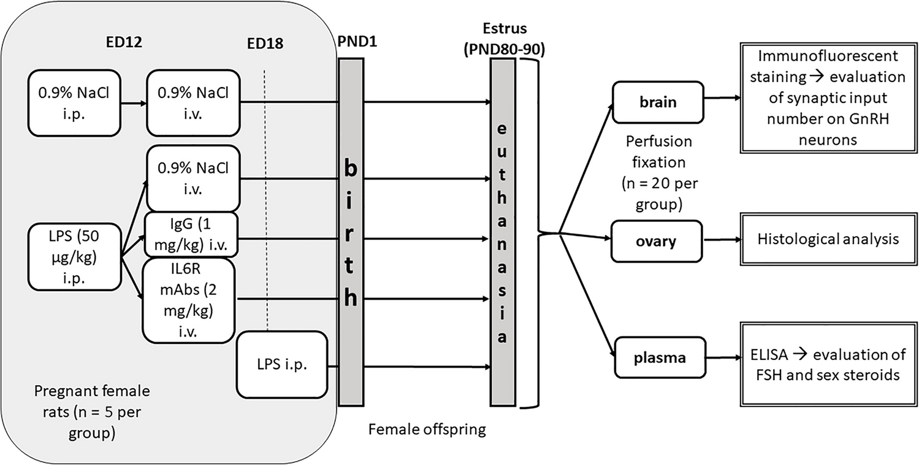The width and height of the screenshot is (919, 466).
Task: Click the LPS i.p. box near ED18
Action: pyautogui.click(x=282, y=364)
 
